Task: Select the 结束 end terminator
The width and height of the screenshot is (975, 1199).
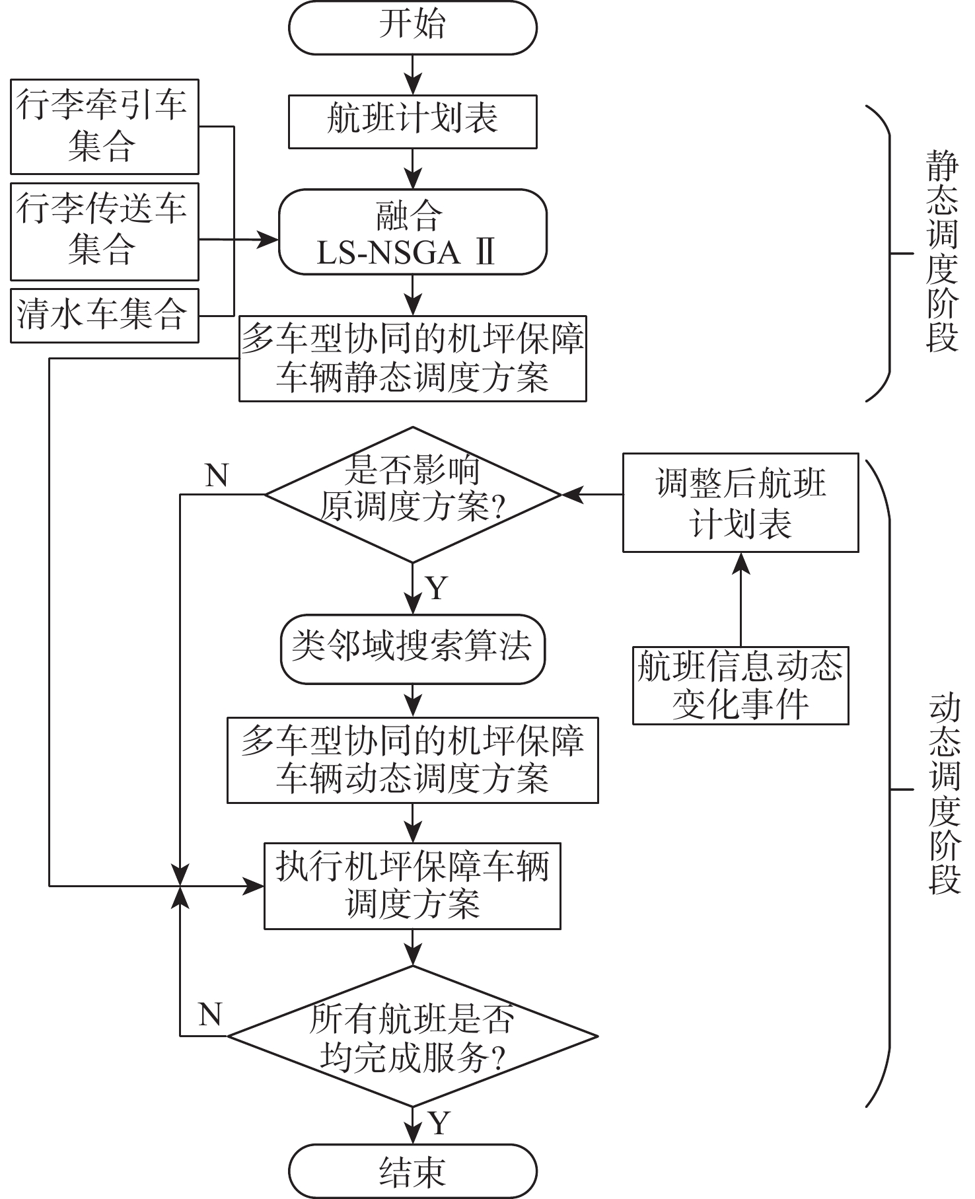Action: [412, 1171]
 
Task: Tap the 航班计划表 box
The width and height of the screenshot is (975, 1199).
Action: [412, 122]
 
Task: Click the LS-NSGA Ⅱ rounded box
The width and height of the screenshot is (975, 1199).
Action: [412, 232]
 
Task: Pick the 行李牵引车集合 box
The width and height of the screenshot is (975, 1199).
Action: [104, 127]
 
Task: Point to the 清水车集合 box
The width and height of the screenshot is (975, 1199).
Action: [104, 315]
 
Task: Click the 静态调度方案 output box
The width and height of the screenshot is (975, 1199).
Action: [412, 359]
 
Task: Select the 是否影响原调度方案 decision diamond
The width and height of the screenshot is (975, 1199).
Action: [412, 494]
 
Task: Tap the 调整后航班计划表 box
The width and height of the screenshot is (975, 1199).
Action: [740, 503]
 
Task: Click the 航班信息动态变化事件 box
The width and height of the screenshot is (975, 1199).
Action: [740, 686]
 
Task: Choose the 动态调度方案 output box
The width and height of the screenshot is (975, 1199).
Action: [412, 760]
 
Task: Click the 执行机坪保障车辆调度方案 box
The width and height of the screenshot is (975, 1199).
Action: [412, 886]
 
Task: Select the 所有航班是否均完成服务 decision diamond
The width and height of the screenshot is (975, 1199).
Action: [412, 1036]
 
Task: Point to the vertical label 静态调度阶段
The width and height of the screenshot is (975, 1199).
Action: [942, 251]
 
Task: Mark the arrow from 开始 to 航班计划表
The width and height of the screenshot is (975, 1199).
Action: [413, 75]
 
